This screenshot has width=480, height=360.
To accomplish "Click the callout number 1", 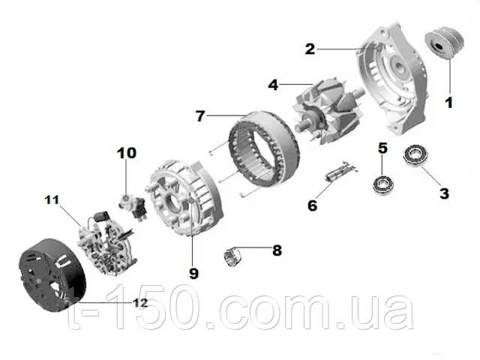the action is (448, 103).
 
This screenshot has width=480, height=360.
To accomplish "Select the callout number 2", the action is (310, 49).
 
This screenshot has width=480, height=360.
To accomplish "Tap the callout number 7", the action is (200, 116).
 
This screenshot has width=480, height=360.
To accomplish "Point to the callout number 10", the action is (127, 153).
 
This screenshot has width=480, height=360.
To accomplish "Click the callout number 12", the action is (140, 303).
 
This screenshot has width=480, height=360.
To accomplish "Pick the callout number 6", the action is (312, 205).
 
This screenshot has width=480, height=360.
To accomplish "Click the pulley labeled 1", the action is (445, 43).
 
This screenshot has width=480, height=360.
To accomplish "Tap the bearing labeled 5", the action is (383, 184).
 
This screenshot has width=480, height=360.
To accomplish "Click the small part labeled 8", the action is (232, 256).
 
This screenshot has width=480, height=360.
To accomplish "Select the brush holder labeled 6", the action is (341, 172).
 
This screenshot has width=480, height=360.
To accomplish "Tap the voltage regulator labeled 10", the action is (133, 206).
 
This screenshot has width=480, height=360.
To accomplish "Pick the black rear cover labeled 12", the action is (52, 275).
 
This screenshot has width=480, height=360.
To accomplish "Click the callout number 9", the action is (193, 273).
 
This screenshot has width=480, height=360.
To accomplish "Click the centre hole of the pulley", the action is (438, 46).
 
